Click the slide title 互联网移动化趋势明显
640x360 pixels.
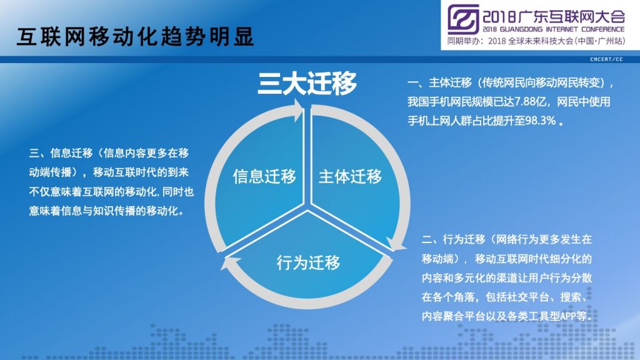pyautogui.click(x=135, y=37)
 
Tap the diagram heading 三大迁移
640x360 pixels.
pyautogui.click(x=307, y=83)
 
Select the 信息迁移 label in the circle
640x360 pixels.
pyautogui.click(x=264, y=176)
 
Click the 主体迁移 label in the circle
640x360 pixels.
pyautogui.click(x=350, y=176)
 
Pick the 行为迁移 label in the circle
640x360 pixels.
pyautogui.click(x=308, y=262)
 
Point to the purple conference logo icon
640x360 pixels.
pyautogui.click(x=463, y=19)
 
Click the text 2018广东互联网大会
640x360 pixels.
pyautogui.click(x=554, y=16)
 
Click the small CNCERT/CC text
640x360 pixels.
pyautogui.click(x=606, y=59)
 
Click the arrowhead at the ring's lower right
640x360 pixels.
pyautogui.click(x=395, y=244)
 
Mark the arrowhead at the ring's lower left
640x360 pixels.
pyautogui.click(x=227, y=263)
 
